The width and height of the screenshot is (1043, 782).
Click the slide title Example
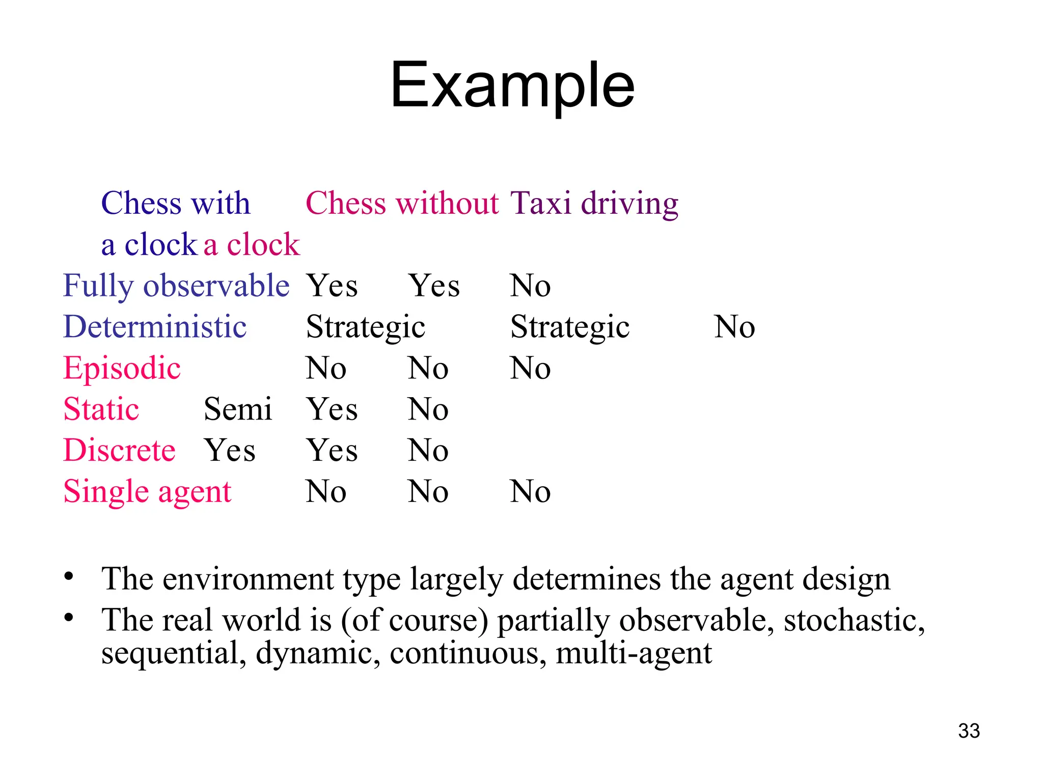pos(512,85)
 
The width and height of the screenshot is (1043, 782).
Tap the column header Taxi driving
pos(594,203)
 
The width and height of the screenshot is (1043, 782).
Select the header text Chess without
pos(402,203)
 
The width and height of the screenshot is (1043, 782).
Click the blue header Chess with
pos(176,203)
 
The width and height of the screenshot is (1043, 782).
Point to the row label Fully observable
pos(176,286)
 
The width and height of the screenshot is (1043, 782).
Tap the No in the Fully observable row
pos(530,286)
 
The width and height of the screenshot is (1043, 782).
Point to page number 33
pos(969,731)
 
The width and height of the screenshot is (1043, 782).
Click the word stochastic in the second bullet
pos(854,620)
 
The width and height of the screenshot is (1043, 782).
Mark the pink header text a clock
pos(252,244)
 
